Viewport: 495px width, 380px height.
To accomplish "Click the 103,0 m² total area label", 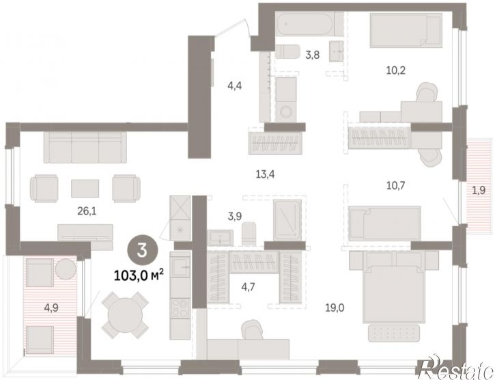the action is pyautogui.click(x=139, y=275).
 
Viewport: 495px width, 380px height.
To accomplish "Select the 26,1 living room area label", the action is pyautogui.click(x=87, y=211).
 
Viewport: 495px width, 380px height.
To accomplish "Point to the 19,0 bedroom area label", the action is pyautogui.click(x=335, y=308).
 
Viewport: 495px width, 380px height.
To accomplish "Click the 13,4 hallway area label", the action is pyautogui.click(x=265, y=174).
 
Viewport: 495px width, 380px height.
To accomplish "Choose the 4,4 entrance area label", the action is pyautogui.click(x=235, y=85).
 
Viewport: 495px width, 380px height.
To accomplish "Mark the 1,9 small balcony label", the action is pyautogui.click(x=479, y=191).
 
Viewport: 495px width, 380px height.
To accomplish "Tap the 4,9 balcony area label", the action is pyautogui.click(x=51, y=308).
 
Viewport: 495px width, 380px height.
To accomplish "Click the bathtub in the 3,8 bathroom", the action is pyautogui.click(x=305, y=24).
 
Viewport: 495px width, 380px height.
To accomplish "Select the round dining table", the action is pyautogui.click(x=126, y=315).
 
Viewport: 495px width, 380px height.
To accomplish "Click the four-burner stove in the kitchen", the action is pyautogui.click(x=180, y=308).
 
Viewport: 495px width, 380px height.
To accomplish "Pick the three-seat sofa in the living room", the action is pyautogui.click(x=85, y=148).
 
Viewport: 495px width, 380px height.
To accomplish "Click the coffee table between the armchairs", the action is pyautogui.click(x=85, y=189).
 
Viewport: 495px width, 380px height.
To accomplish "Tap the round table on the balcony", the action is pyautogui.click(x=66, y=269).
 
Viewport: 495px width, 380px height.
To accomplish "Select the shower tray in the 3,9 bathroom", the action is pyautogui.click(x=287, y=220).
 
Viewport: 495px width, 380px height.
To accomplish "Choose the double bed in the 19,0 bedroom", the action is pyautogui.click(x=392, y=287).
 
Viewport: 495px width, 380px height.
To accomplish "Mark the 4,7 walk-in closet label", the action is pyautogui.click(x=248, y=287).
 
